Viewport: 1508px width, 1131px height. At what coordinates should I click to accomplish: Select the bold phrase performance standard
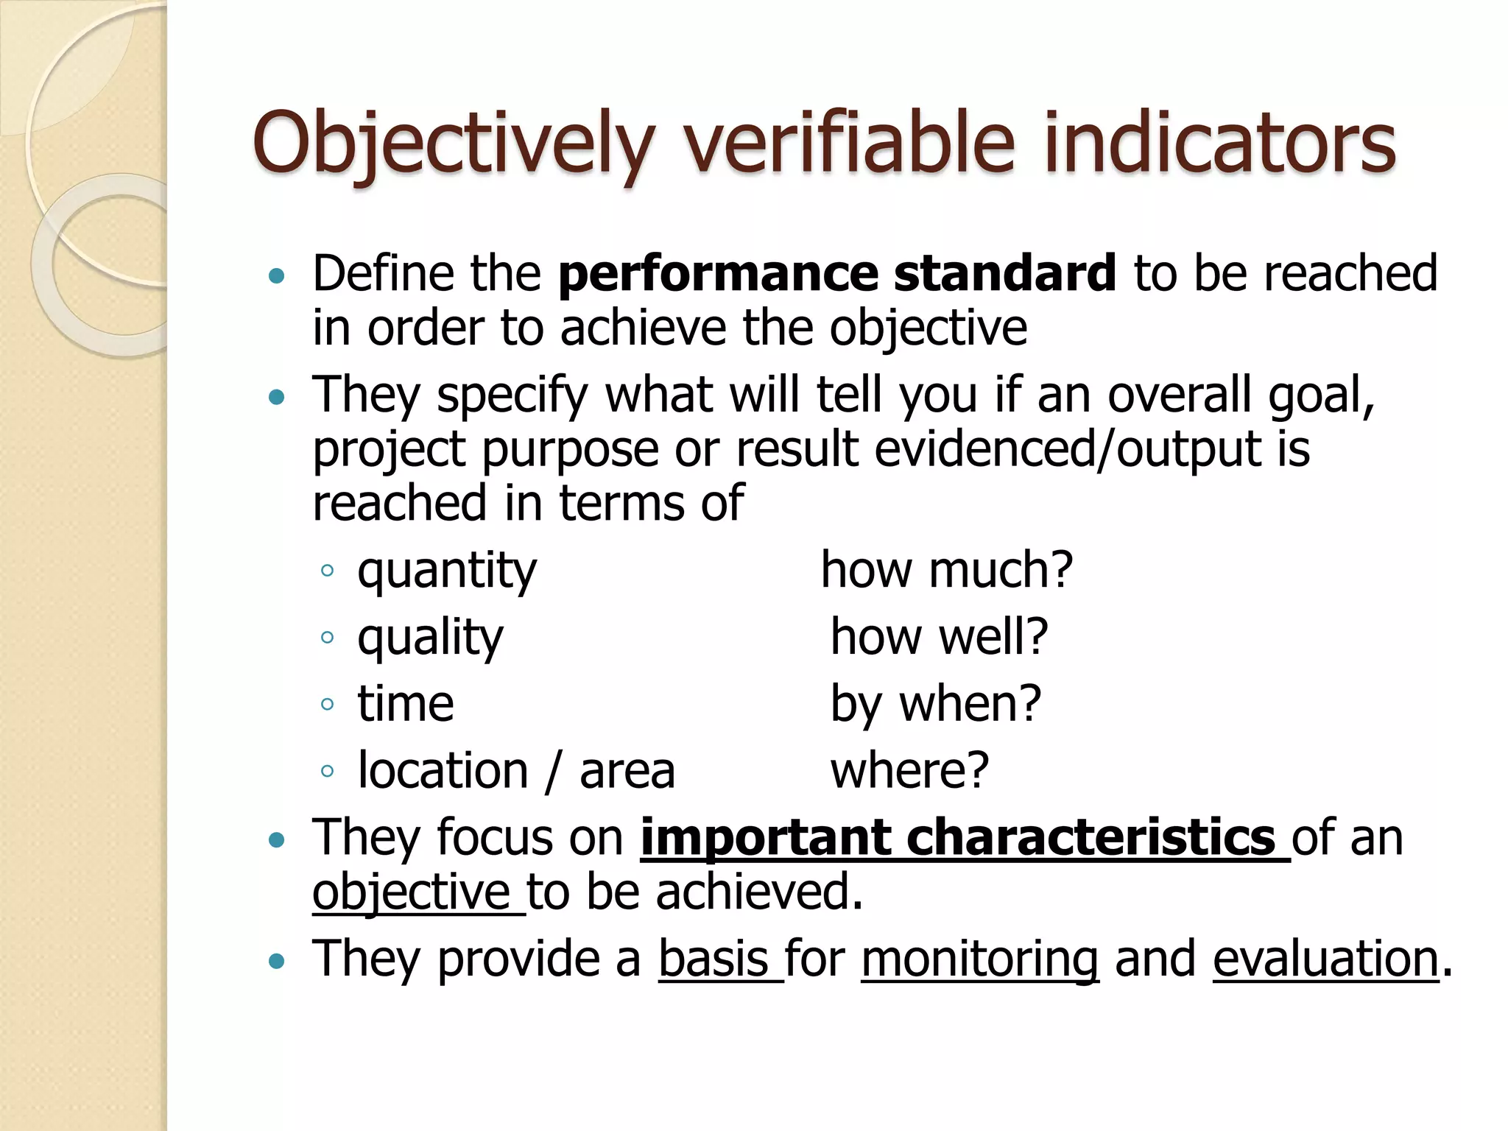(837, 273)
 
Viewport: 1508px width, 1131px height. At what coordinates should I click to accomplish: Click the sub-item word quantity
(447, 571)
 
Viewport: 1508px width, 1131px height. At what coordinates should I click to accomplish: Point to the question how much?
(947, 570)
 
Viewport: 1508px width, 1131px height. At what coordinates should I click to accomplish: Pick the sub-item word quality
(430, 638)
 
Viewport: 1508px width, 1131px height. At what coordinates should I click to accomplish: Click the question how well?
(939, 637)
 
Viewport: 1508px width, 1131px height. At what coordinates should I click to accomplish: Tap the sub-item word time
(406, 704)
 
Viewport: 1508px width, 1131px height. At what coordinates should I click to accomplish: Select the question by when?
(936, 704)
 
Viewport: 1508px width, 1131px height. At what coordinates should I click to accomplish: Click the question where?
(909, 770)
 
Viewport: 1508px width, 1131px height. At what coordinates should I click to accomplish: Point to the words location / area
(516, 771)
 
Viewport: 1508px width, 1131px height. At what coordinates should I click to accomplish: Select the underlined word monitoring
(980, 959)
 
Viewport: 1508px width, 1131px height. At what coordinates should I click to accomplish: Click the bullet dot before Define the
(277, 277)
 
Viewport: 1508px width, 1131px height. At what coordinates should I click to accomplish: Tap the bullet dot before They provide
(277, 962)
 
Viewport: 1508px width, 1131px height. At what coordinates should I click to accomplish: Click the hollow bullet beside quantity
(328, 571)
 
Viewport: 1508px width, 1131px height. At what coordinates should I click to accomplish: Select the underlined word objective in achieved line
(411, 892)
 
